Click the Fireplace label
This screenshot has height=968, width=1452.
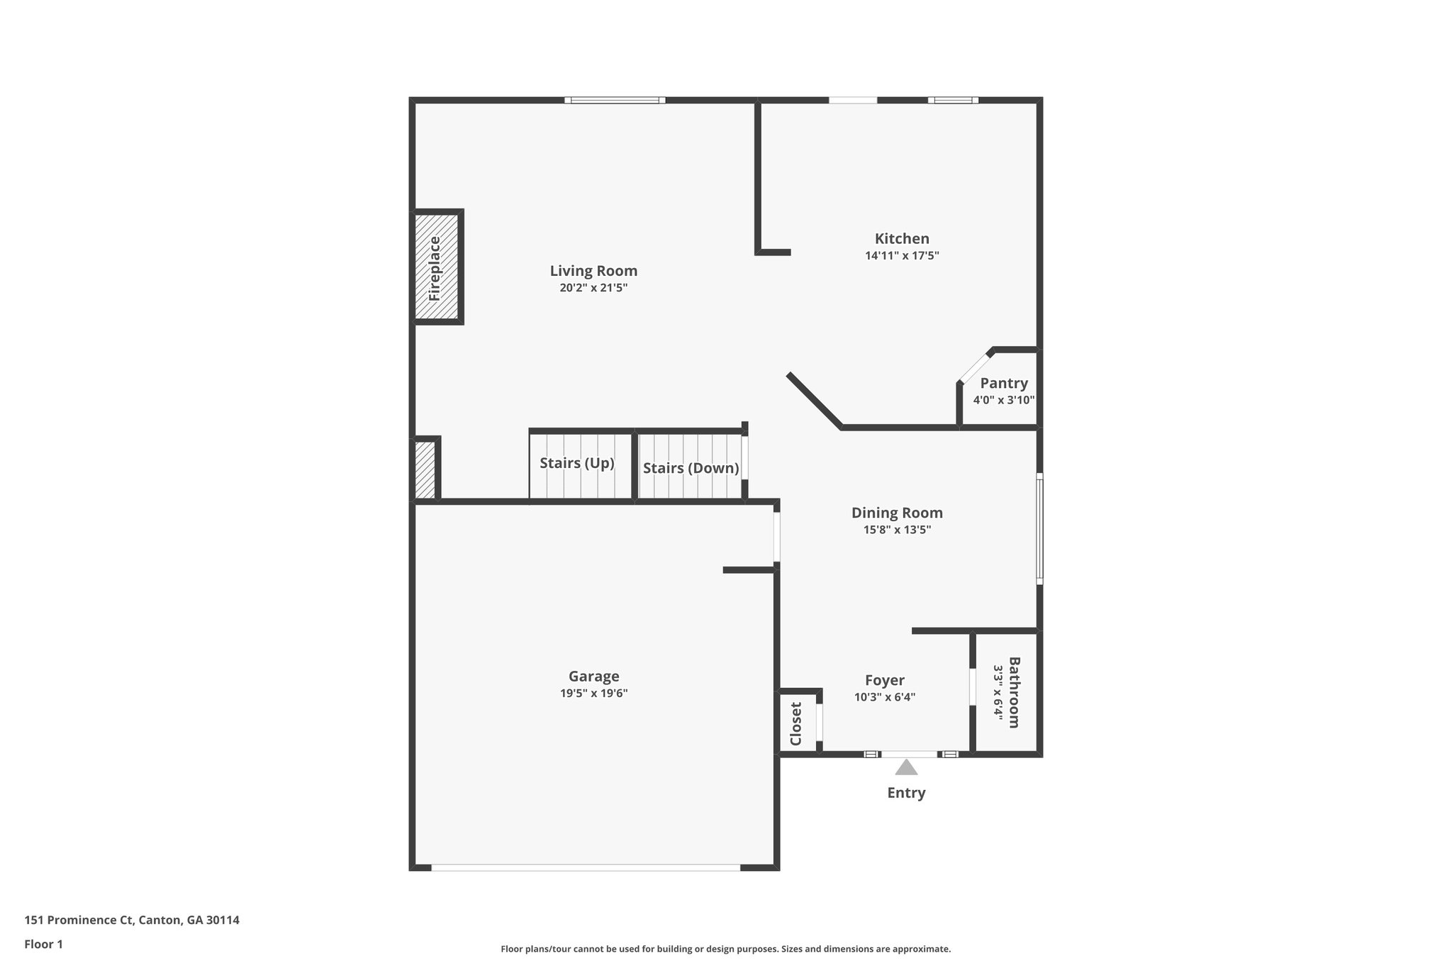click(435, 268)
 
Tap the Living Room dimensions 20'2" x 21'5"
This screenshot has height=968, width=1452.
click(593, 288)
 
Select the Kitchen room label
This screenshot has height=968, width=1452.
click(902, 239)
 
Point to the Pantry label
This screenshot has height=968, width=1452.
click(1004, 384)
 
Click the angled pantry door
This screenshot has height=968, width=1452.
click(975, 367)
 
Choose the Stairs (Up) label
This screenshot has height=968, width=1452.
click(576, 464)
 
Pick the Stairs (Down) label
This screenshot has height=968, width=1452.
click(691, 469)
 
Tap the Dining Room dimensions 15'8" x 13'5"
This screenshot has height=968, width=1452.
click(897, 530)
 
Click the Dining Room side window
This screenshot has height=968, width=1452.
click(1039, 529)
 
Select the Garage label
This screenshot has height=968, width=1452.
click(593, 677)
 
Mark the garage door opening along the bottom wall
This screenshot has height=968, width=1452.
click(586, 867)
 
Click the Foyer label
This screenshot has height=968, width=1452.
click(885, 681)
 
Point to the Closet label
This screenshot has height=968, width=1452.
click(795, 724)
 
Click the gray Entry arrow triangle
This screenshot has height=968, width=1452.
click(906, 768)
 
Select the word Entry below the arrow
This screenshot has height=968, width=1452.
click(906, 793)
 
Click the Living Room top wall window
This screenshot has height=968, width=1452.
click(615, 101)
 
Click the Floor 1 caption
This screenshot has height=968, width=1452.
click(44, 945)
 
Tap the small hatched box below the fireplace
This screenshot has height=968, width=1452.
click(425, 470)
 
